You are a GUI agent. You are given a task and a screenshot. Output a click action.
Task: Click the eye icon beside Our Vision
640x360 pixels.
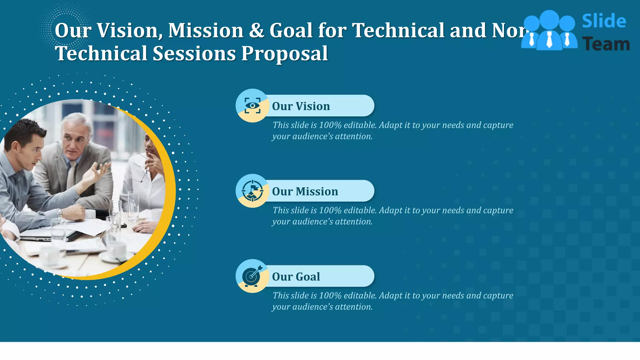[x=252, y=106]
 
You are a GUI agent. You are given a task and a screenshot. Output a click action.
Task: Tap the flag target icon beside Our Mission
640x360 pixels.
[x=252, y=191]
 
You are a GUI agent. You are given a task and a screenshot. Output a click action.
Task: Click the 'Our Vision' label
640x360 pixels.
[x=301, y=106]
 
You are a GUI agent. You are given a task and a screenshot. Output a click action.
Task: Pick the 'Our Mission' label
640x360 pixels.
[x=305, y=191]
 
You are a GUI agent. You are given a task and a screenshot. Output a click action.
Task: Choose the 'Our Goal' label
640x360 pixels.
[x=296, y=277]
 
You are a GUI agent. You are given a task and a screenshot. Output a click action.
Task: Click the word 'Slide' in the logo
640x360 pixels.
[x=604, y=21]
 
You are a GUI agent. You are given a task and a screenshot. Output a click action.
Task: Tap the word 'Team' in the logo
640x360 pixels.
[x=606, y=44]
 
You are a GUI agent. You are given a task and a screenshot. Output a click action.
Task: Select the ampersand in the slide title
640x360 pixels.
[x=256, y=31]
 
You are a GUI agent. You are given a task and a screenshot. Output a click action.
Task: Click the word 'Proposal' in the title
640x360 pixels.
[x=284, y=53]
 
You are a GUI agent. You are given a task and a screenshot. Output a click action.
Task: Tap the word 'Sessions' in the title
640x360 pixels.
[x=194, y=53]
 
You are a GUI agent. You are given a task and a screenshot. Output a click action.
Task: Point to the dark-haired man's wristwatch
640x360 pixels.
[x=59, y=214]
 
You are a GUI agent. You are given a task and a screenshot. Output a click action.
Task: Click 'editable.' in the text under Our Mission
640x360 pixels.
[x=360, y=210]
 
